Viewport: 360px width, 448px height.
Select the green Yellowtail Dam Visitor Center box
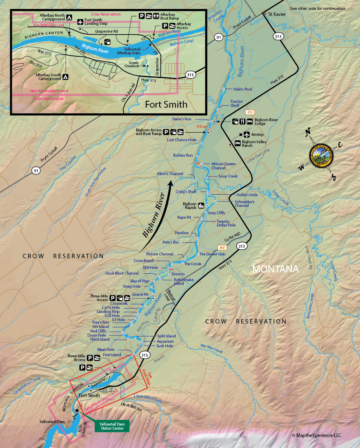(x=112, y=426)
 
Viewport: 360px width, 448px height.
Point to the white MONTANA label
(x=276, y=269)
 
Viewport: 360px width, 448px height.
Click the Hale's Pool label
(x=242, y=89)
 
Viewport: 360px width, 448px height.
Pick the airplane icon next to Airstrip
(x=247, y=134)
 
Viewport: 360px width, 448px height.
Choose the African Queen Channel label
(x=223, y=166)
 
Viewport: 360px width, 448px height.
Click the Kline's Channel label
(x=170, y=174)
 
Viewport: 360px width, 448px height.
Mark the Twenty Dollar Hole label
(x=226, y=223)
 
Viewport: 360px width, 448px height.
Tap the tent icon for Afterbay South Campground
(x=65, y=77)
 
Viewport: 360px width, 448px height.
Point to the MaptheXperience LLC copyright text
(x=316, y=435)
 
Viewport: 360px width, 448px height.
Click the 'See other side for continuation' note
(x=317, y=9)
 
